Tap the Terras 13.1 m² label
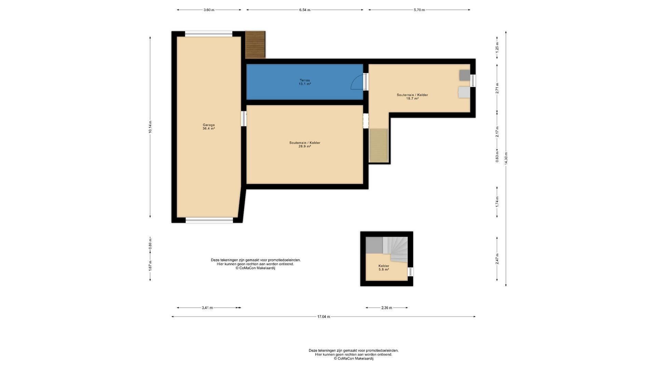(305, 82)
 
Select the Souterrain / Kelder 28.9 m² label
(305, 145)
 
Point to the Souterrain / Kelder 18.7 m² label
(412, 97)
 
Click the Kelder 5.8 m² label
(384, 268)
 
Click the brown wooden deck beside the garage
(256, 45)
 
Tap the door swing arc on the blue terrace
(357, 82)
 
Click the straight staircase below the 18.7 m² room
(379, 145)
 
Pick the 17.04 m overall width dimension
(324, 317)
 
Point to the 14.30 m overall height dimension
(506, 159)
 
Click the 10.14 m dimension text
(150, 127)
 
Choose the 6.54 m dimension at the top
(305, 10)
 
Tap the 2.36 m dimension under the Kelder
(387, 308)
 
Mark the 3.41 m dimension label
(207, 308)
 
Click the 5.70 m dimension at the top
(419, 10)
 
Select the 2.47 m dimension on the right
(497, 259)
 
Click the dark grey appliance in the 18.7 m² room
(465, 75)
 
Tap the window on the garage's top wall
(208, 34)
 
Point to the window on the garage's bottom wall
(209, 220)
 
